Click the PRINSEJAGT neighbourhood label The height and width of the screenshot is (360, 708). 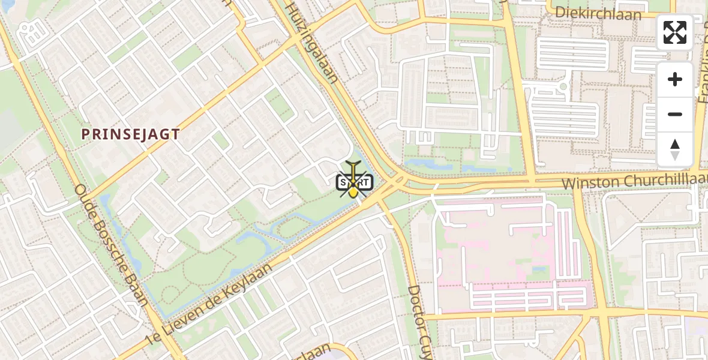tap(131, 134)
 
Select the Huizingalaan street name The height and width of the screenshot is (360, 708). tap(312, 42)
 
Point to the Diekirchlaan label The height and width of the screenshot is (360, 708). tap(598, 13)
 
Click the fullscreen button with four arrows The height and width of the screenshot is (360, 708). tap(675, 32)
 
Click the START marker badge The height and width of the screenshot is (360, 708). tap(355, 182)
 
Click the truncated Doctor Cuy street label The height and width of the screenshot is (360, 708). tap(421, 320)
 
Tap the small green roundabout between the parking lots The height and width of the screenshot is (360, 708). tap(563, 86)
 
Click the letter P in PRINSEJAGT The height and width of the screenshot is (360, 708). tap(85, 134)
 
